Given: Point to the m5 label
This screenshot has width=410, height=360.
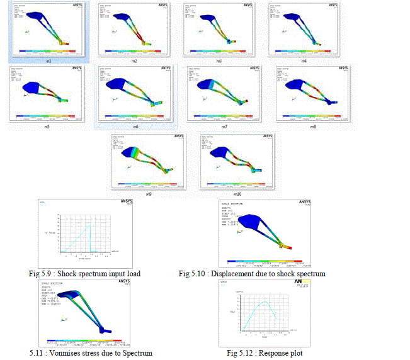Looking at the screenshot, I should pyautogui.click(x=47, y=126).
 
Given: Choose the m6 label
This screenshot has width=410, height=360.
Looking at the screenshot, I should pyautogui.click(x=135, y=126).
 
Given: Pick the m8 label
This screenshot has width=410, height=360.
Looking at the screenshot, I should pyautogui.click(x=313, y=126).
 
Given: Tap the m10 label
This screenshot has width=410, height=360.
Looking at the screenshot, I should pyautogui.click(x=236, y=193).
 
